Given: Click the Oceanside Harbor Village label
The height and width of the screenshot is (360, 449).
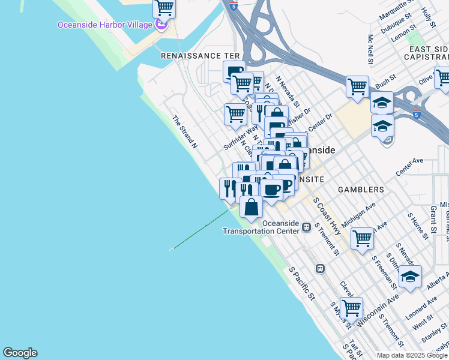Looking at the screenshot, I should point(104,25).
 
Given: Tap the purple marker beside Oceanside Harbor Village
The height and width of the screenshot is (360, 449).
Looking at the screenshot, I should point(160,25).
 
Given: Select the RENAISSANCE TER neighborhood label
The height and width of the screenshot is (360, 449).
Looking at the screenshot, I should point(200,55).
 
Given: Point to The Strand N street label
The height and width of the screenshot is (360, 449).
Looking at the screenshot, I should point(185,132).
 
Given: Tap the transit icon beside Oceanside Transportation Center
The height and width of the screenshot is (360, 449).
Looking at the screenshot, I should point(307,227).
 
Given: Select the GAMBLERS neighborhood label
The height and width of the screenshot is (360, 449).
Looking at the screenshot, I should point(360,190).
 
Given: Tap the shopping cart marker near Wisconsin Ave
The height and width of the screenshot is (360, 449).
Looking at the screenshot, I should point(351,308).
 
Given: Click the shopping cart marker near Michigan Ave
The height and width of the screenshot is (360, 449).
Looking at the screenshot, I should point(363,238).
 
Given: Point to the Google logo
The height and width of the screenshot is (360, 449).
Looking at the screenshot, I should point(20,353).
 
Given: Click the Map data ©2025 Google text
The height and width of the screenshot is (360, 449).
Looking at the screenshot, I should point(412,355).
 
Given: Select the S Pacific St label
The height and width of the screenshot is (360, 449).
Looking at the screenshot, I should point(302,283).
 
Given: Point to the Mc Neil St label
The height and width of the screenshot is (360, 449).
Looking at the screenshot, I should point(370,49).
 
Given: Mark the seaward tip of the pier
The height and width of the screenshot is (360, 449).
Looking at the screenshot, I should point(172,248).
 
